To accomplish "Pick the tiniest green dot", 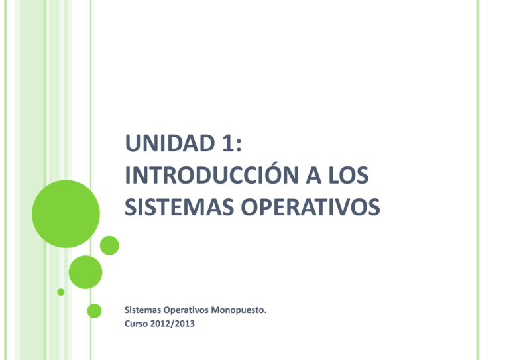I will point(61,292).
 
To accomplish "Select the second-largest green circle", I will point(85,272).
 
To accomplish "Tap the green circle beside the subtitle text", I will point(95,310).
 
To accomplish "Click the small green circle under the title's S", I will point(109,246).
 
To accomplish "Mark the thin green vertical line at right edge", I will point(477,180).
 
